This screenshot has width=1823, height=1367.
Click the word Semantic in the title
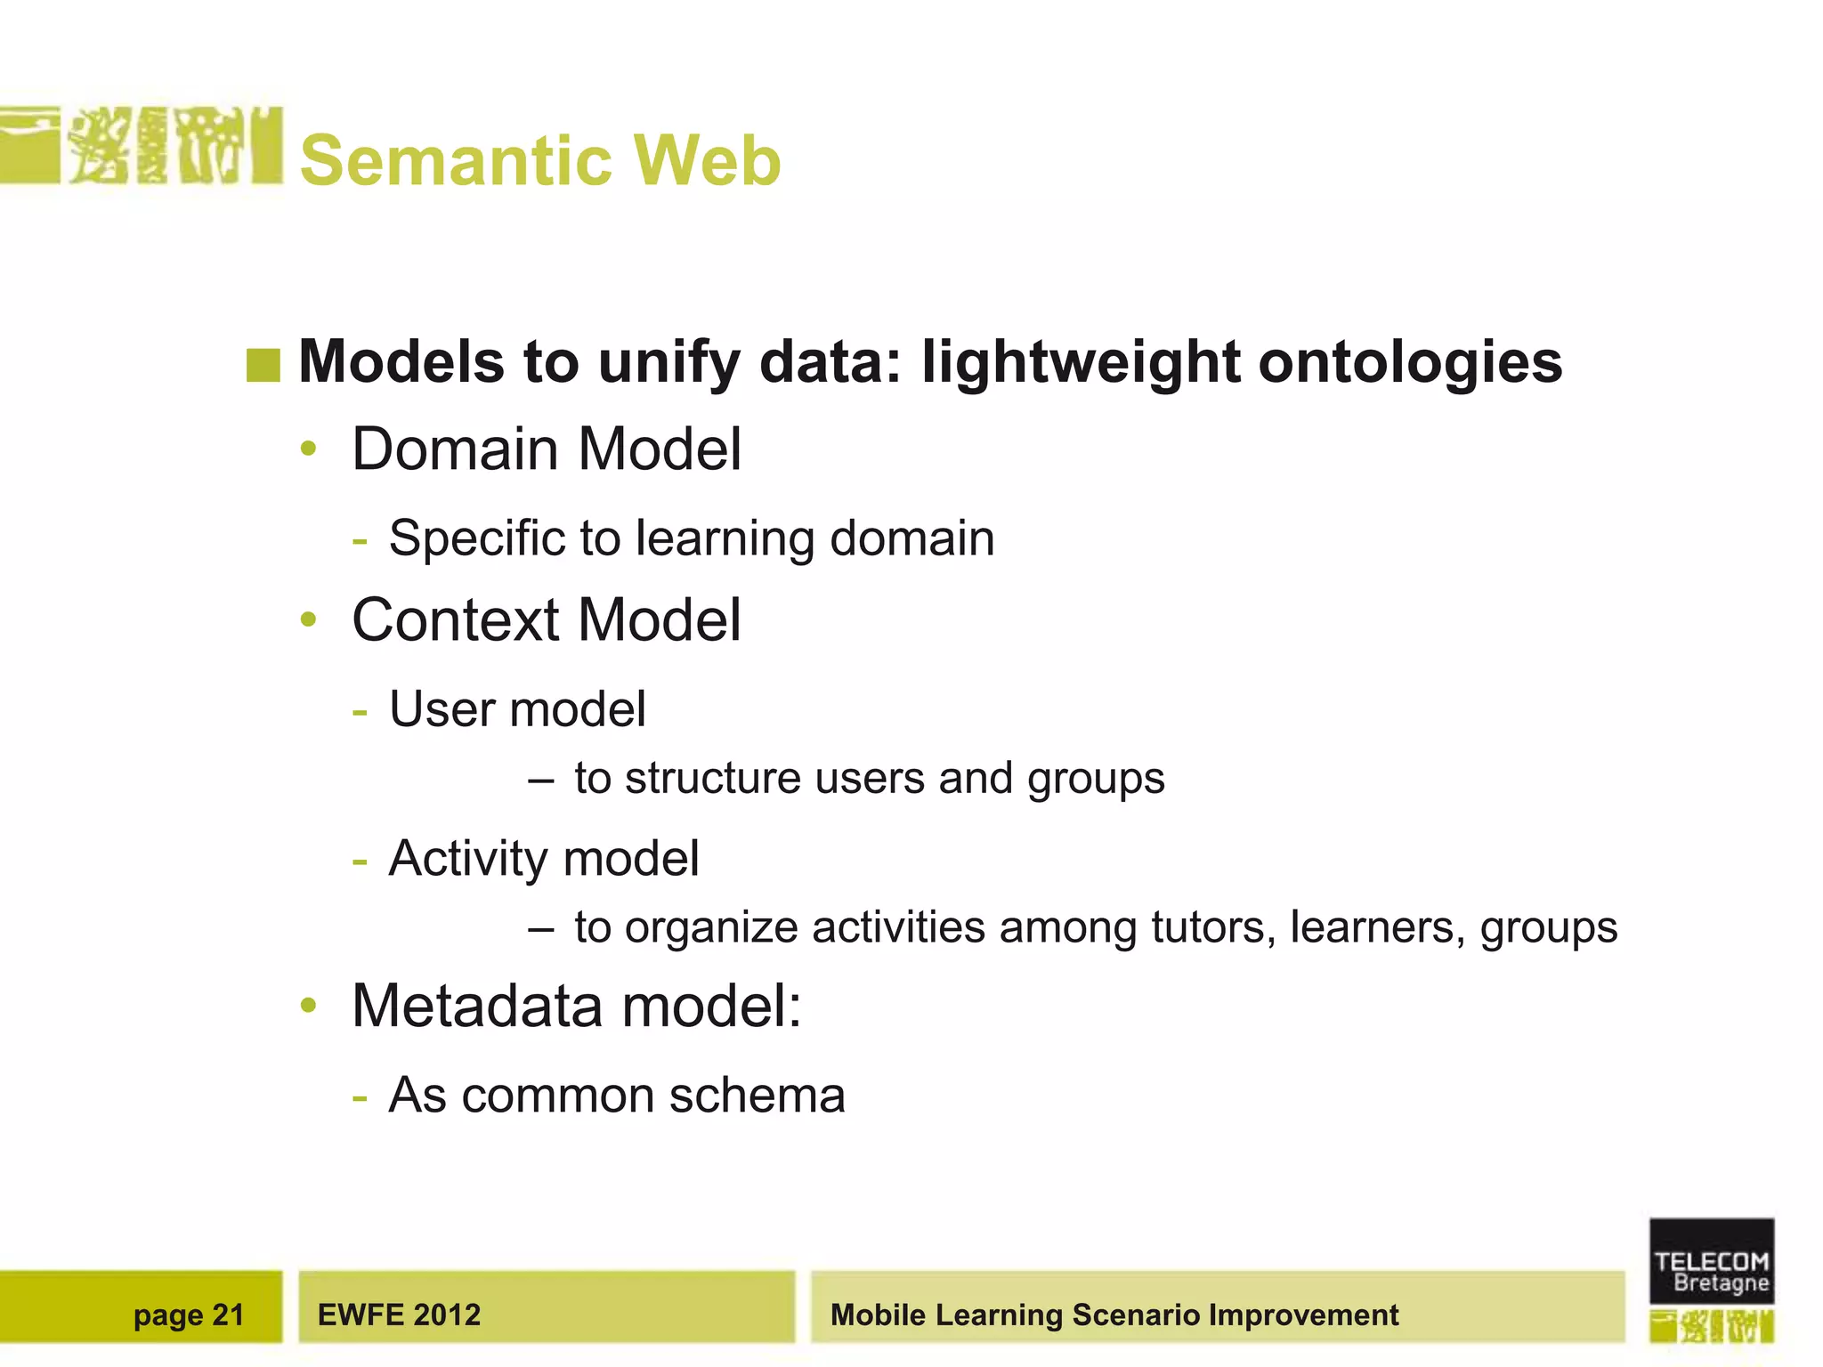tap(457, 161)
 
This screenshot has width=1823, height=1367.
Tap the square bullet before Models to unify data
tap(263, 365)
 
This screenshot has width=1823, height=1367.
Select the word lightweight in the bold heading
tap(1081, 363)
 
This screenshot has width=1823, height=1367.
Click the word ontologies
tap(1410, 363)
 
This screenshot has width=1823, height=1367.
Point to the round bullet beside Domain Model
tap(309, 449)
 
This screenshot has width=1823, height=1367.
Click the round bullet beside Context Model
tap(309, 619)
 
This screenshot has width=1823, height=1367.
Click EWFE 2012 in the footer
tap(399, 1314)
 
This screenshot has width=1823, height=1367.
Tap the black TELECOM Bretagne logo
tap(1711, 1261)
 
